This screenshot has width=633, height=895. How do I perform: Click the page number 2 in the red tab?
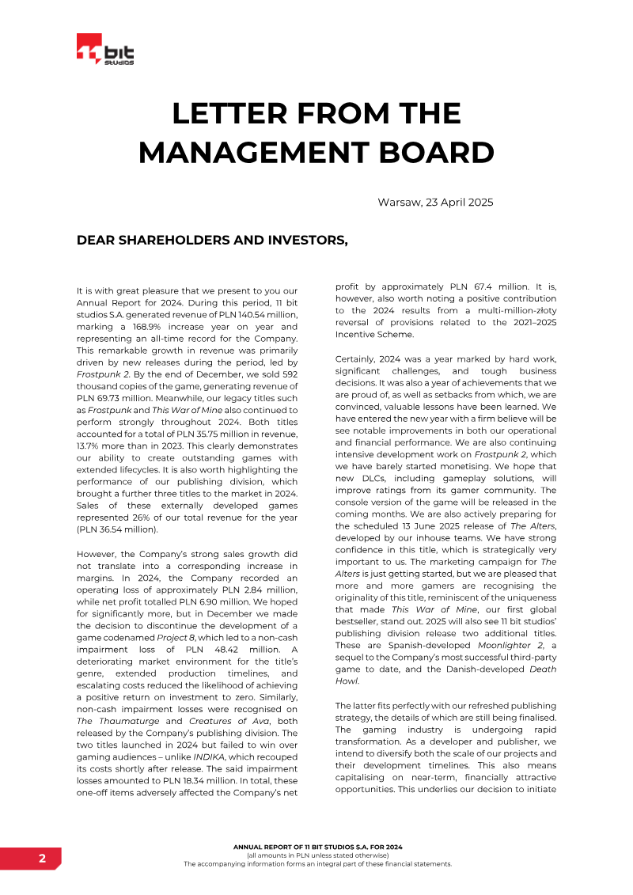42,859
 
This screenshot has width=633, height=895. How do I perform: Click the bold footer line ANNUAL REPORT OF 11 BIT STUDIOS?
317,848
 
